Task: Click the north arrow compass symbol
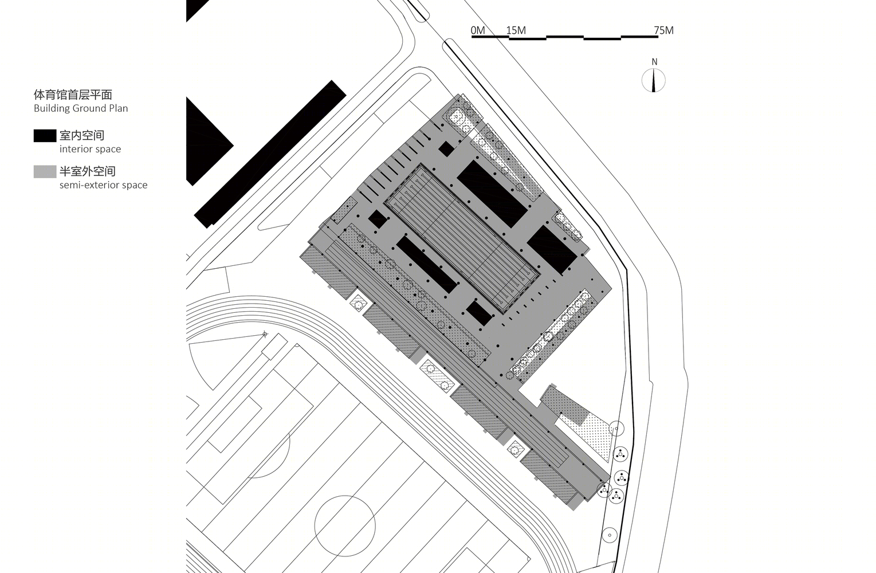click(654, 81)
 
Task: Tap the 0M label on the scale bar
click(478, 30)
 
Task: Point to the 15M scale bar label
click(516, 30)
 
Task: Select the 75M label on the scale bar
click(663, 30)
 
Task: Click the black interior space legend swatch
click(45, 135)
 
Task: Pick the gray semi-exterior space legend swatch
click(45, 172)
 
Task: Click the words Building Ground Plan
click(81, 108)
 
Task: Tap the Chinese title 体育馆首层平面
click(73, 95)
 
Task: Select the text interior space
click(91, 149)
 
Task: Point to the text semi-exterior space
click(104, 185)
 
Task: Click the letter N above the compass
click(654, 62)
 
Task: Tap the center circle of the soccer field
click(345, 525)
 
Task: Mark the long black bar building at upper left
click(270, 154)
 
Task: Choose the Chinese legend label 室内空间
click(82, 135)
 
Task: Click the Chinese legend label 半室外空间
click(87, 171)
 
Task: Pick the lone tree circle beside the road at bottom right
click(609, 535)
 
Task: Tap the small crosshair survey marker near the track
click(265, 334)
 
